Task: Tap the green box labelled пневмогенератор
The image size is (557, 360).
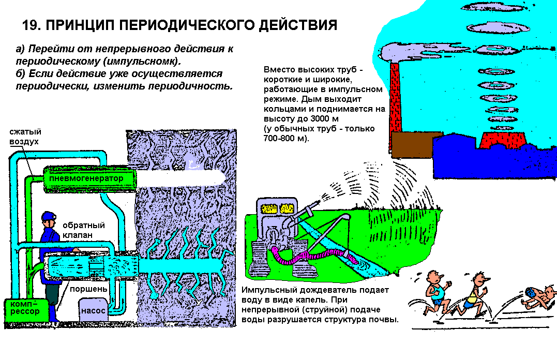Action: (89, 178)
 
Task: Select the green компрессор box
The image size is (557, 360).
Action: (25, 310)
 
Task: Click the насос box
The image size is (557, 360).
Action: (93, 310)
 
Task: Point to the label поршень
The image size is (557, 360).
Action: (88, 289)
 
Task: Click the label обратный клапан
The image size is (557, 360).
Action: (84, 230)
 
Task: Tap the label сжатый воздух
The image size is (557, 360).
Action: (25, 137)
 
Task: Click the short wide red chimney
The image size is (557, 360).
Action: (502, 140)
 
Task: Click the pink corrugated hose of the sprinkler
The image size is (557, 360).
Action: (312, 257)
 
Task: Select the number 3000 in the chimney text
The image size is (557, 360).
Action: (320, 118)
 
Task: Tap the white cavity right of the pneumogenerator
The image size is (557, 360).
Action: (180, 178)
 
